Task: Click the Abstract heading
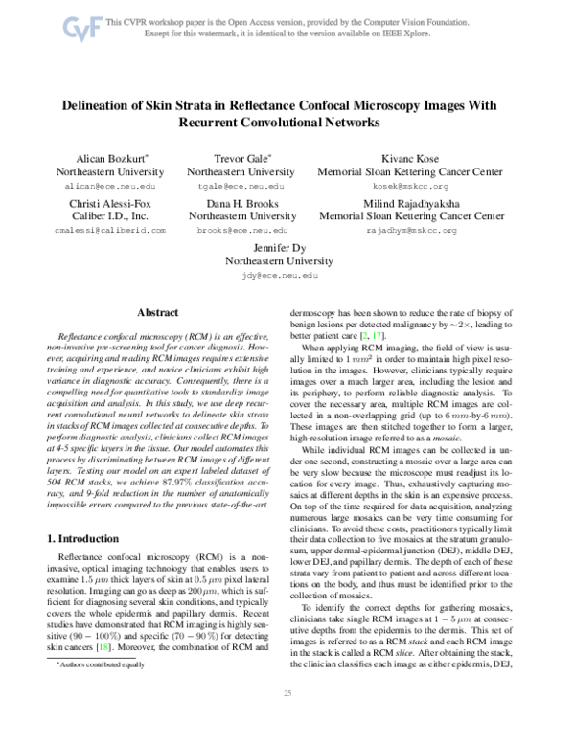point(160,312)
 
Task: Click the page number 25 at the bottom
point(287,719)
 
